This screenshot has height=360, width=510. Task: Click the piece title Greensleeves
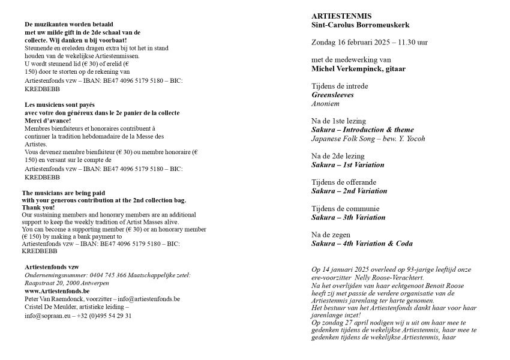tap(332, 95)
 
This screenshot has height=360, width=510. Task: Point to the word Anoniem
tap(325, 103)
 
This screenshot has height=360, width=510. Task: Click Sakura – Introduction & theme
tap(362, 130)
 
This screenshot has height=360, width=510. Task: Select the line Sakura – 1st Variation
tap(348, 164)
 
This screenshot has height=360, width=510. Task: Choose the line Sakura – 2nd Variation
tap(349, 191)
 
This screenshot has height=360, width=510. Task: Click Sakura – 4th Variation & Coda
tap(362, 244)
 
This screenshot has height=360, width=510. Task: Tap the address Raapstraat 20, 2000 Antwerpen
tap(67, 282)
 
